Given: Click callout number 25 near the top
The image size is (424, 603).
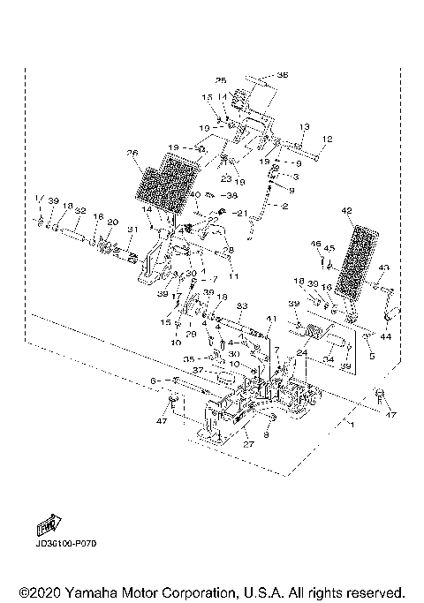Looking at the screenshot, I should coord(221,80).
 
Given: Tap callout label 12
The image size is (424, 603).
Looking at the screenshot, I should coord(326,139).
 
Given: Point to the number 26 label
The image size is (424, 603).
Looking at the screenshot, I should coord(133,153).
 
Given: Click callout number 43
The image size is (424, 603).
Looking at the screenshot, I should coord(383,268).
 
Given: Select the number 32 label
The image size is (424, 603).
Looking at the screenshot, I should coord(79,210).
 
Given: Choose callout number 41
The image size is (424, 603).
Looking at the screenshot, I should coord(271,318).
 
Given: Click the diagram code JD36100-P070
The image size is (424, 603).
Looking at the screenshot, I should coord(66,545).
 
